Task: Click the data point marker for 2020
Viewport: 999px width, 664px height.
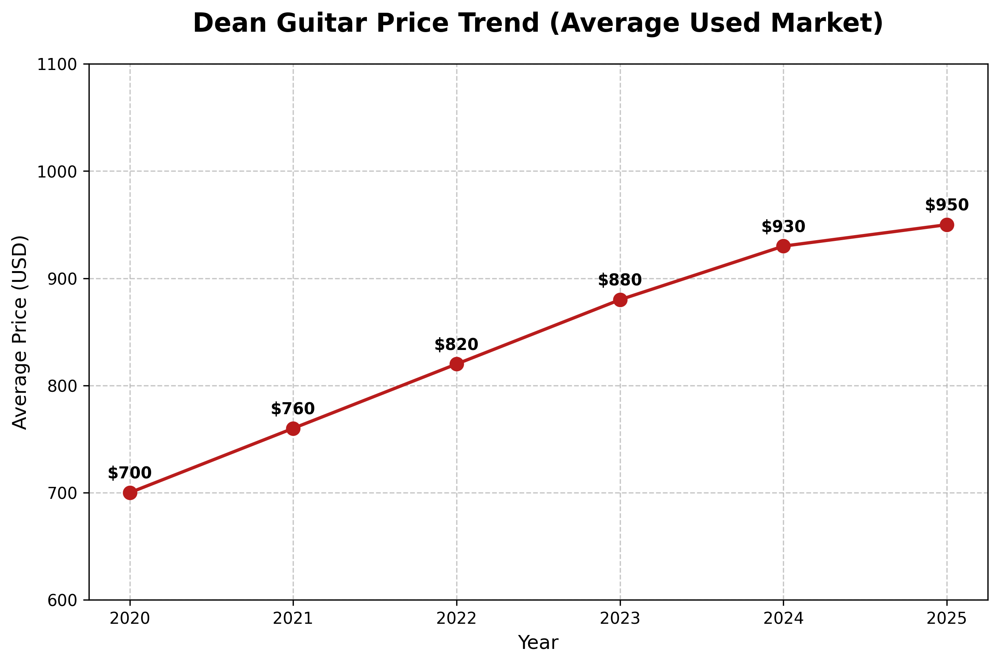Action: coord(130,493)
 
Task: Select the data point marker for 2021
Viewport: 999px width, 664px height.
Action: coord(293,428)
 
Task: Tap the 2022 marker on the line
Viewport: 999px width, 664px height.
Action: coord(456,364)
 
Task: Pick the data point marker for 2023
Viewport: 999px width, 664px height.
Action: coord(620,300)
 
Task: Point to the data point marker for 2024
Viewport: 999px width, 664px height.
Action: coord(783,246)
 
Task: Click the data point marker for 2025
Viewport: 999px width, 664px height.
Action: coord(947,225)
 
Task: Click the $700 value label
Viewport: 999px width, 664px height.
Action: coord(130,473)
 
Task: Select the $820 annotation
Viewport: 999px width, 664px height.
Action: coord(456,345)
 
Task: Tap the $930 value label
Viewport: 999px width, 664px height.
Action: coord(783,227)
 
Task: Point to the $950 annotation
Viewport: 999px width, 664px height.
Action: coord(947,205)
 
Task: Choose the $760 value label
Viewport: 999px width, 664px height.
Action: coord(293,409)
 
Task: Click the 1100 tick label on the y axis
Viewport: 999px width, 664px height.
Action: coord(57,65)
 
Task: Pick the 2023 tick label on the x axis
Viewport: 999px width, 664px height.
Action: coord(620,619)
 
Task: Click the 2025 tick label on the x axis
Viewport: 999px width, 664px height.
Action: coord(947,619)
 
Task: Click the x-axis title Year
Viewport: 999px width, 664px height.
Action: coord(538,643)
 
